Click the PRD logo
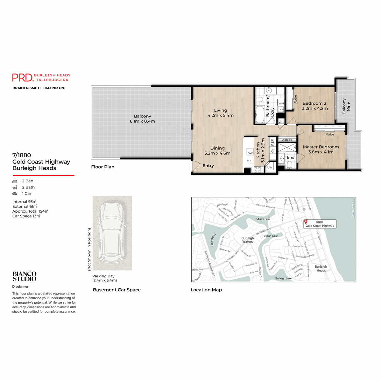click(23, 77)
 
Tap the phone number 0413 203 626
click(54, 88)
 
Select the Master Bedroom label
click(321, 149)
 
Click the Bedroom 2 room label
click(315, 106)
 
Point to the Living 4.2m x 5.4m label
click(220, 113)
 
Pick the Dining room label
click(217, 151)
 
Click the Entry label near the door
click(208, 166)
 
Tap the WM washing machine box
click(281, 103)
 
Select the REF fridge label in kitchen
click(272, 142)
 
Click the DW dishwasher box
click(250, 153)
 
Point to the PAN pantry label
click(269, 167)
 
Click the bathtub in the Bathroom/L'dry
click(259, 114)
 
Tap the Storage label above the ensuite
click(286, 140)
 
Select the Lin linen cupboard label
click(281, 122)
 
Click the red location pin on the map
click(306, 222)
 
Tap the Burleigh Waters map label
click(247, 240)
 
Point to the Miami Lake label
click(263, 219)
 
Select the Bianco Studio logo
click(25, 276)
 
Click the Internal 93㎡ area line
click(24, 202)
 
